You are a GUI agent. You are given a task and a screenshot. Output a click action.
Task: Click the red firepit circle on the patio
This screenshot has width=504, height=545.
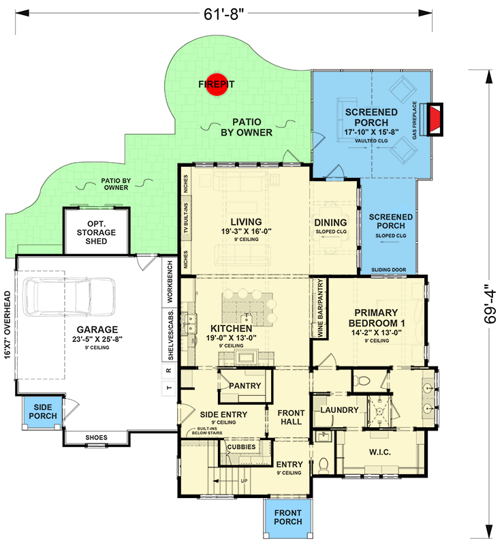[217, 85]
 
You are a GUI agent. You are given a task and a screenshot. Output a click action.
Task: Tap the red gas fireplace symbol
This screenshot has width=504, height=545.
[434, 121]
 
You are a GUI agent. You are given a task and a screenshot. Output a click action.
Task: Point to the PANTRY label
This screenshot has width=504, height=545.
[245, 386]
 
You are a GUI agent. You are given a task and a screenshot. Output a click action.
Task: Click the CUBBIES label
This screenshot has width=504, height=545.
[241, 446]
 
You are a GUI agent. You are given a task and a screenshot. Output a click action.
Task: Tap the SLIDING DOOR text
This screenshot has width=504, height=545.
[388, 270]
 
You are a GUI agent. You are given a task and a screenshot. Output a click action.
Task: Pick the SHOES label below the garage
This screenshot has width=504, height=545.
[96, 437]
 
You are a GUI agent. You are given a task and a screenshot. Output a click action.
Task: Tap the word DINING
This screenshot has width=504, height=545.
[330, 223]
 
